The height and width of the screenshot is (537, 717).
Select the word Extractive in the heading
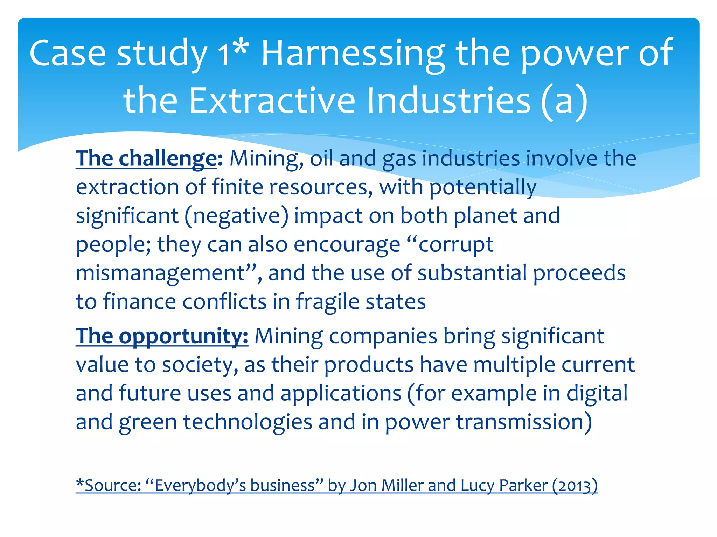tap(272, 101)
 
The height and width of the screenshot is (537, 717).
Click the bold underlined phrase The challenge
tap(146, 159)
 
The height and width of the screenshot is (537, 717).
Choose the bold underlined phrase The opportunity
tap(162, 336)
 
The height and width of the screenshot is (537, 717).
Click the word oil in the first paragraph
tap(321, 159)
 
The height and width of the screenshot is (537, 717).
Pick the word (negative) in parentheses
tap(237, 216)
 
